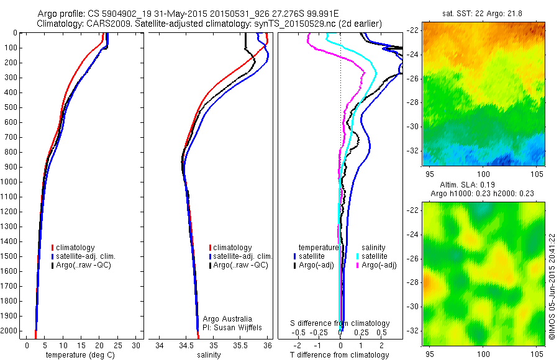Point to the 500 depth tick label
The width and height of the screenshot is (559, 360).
(x=10, y=107)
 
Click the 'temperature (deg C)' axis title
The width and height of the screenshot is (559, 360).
(x=79, y=355)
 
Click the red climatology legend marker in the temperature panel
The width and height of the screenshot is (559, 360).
(x=53, y=248)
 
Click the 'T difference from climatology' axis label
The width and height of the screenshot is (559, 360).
(x=340, y=355)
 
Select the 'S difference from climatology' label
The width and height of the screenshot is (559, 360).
(x=340, y=323)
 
